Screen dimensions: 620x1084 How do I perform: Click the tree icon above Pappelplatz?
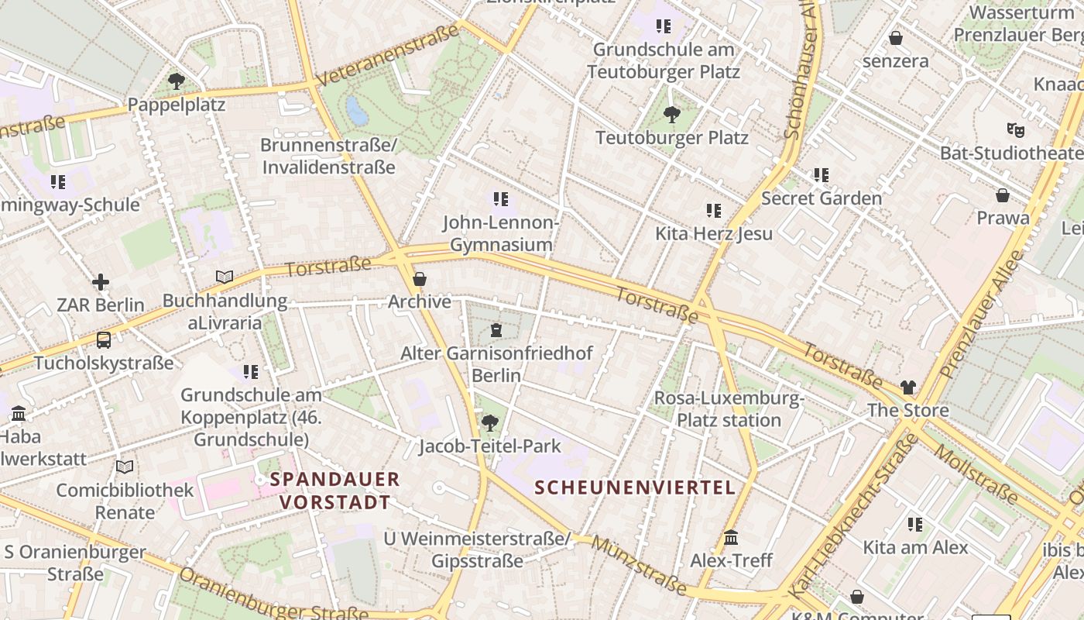(x=177, y=81)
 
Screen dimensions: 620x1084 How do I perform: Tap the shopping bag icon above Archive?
(x=420, y=279)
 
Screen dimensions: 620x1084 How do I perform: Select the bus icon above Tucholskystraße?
(x=103, y=339)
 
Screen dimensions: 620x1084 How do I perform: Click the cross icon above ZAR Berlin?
(x=101, y=282)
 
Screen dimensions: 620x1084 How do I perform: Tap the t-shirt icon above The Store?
(x=908, y=387)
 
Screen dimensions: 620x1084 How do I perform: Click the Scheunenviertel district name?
(x=635, y=487)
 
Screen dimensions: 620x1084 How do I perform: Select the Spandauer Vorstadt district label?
(x=335, y=491)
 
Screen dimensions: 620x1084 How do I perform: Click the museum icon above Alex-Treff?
(x=731, y=537)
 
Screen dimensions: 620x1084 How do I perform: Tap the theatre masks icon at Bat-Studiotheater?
(x=1015, y=129)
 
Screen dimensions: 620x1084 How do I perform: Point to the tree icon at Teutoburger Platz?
(x=671, y=115)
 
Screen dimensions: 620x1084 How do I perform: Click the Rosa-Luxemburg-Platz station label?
(x=729, y=409)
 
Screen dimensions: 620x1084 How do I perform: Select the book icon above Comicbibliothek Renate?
(x=125, y=467)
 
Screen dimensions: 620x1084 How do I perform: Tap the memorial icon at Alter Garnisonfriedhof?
(x=496, y=331)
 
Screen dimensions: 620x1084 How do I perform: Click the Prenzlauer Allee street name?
(x=981, y=314)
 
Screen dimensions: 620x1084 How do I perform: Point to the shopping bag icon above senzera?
(x=896, y=38)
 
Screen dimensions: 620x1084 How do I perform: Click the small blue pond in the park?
(x=356, y=111)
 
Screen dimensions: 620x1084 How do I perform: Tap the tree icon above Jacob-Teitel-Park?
(x=489, y=422)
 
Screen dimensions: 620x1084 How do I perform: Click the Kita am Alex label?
(x=915, y=547)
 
